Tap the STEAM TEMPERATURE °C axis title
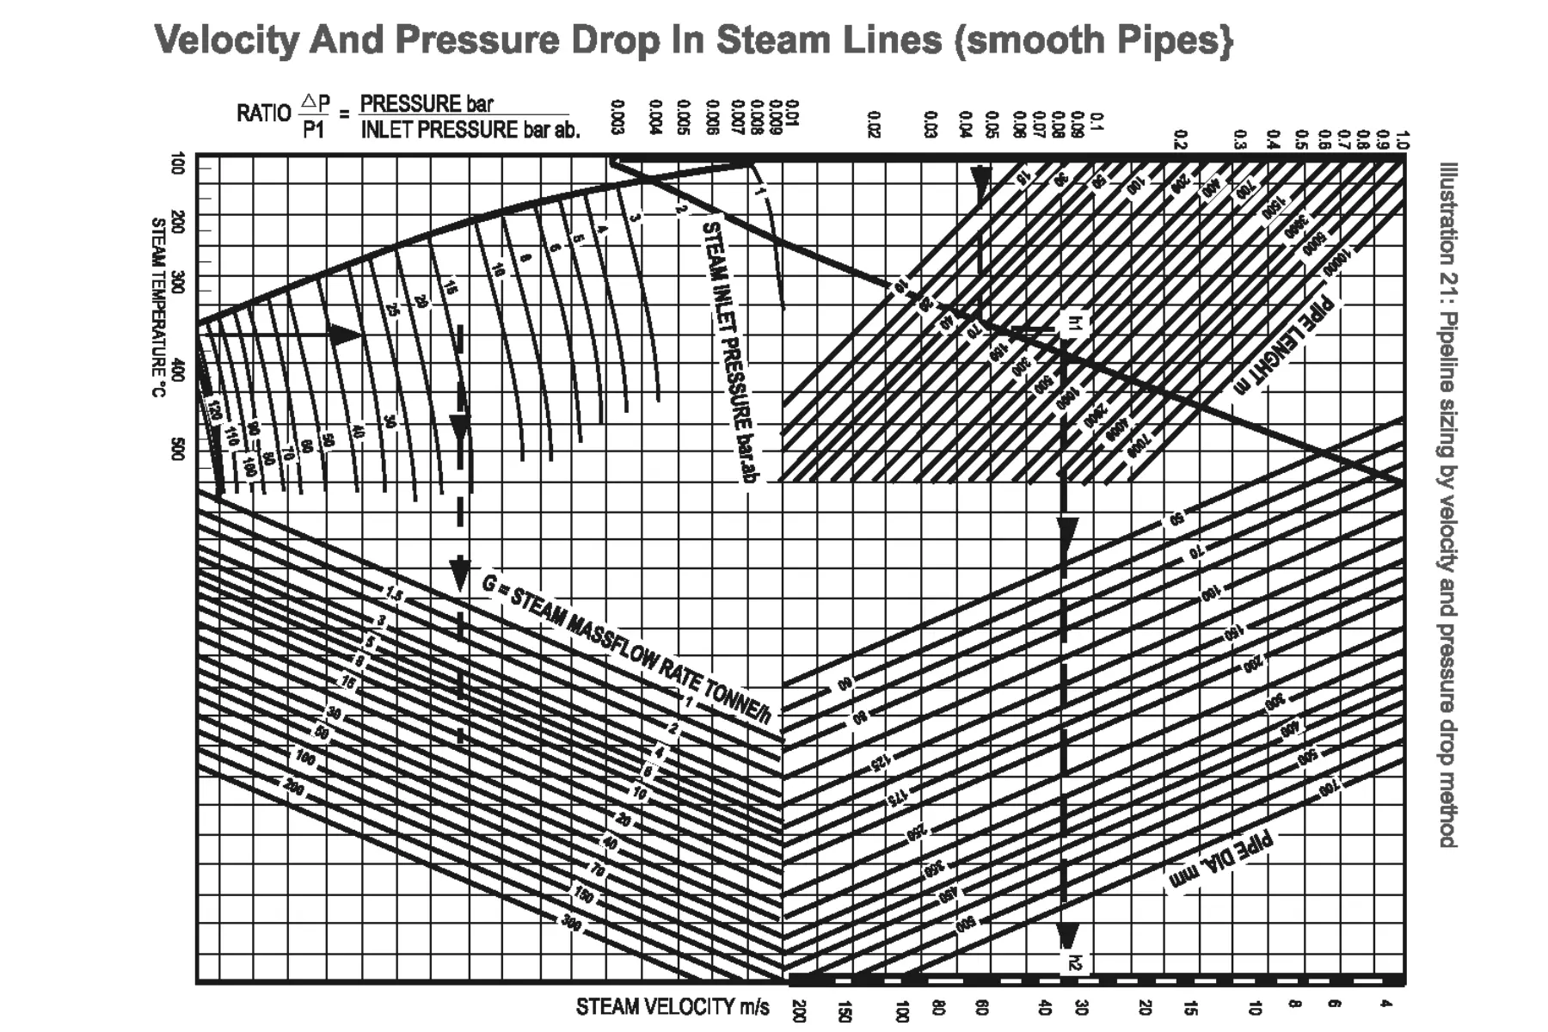[158, 308]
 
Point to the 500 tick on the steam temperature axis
[178, 449]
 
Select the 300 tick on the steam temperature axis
[178, 282]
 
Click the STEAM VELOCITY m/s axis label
[673, 1007]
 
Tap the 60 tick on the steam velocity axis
[982, 1008]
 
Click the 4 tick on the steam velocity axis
[1385, 1004]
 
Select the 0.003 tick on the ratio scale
[617, 118]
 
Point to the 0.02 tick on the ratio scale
[875, 124]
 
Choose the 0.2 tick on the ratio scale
[1181, 139]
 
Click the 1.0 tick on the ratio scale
[1403, 139]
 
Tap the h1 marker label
[1073, 323]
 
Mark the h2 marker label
[1073, 963]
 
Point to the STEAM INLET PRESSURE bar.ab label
[729, 353]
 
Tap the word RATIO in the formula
[263, 114]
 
